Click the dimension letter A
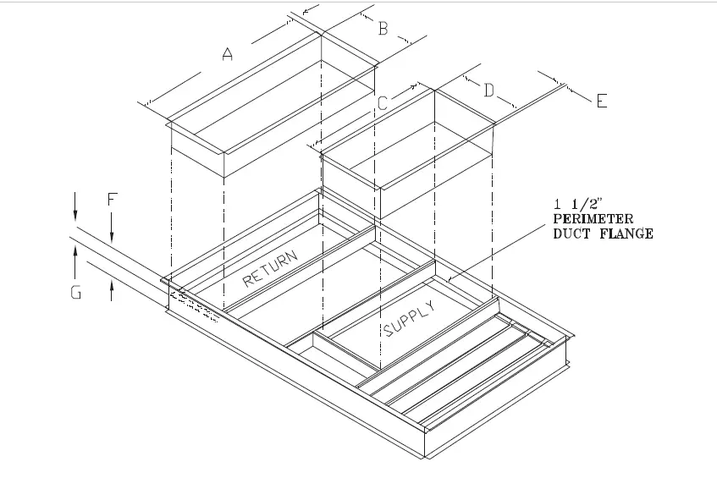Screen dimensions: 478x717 227,55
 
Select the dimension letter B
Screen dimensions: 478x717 383,30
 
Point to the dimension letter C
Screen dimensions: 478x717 383,103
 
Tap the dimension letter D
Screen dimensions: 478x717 488,91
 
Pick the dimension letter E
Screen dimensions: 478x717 601,102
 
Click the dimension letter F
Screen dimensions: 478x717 112,200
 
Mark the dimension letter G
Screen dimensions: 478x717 76,294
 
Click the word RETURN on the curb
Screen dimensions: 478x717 271,270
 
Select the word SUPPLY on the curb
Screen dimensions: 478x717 411,318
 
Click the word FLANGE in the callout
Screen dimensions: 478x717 626,234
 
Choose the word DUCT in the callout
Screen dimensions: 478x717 571,234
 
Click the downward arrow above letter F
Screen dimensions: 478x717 112,227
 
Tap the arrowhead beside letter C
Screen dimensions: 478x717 413,85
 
